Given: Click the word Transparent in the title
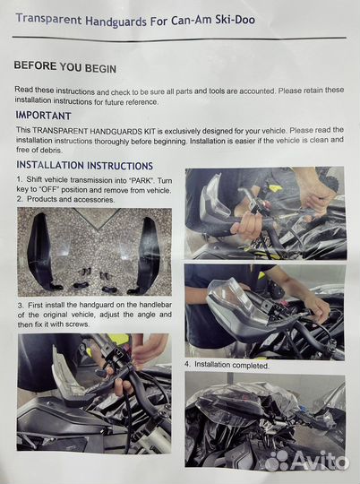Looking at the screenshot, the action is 48,19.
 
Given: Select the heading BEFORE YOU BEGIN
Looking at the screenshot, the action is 65,66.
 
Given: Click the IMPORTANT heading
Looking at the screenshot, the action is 44,116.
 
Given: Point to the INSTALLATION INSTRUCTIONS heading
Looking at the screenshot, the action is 84,166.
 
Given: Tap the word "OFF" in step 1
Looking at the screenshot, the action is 48,189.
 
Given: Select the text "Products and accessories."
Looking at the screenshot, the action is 71,199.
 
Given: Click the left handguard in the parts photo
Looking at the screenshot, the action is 43,252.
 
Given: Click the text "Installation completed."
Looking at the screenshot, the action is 232,365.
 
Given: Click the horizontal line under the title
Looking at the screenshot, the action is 179,39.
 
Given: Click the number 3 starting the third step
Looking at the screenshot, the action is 21,306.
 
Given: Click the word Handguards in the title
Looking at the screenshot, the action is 116,21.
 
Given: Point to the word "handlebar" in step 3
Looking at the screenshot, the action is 156,305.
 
